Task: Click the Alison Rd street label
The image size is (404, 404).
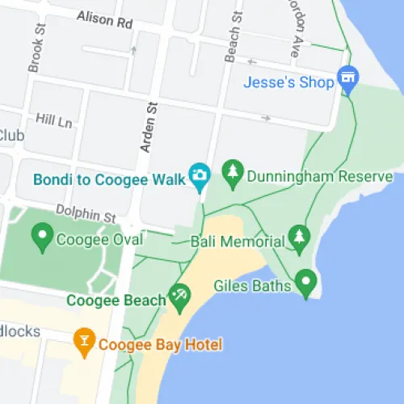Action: (104, 20)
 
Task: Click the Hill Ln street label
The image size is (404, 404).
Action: (54, 120)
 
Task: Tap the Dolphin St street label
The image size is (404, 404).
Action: (86, 214)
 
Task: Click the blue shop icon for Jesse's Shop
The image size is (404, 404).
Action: (348, 78)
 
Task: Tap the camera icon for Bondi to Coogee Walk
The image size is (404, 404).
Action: (200, 174)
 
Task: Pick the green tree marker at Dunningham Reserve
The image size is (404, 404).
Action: (234, 172)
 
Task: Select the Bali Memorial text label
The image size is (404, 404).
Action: (238, 241)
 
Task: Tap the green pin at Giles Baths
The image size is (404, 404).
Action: (305, 282)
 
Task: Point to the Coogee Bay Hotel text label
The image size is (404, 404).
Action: (160, 345)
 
